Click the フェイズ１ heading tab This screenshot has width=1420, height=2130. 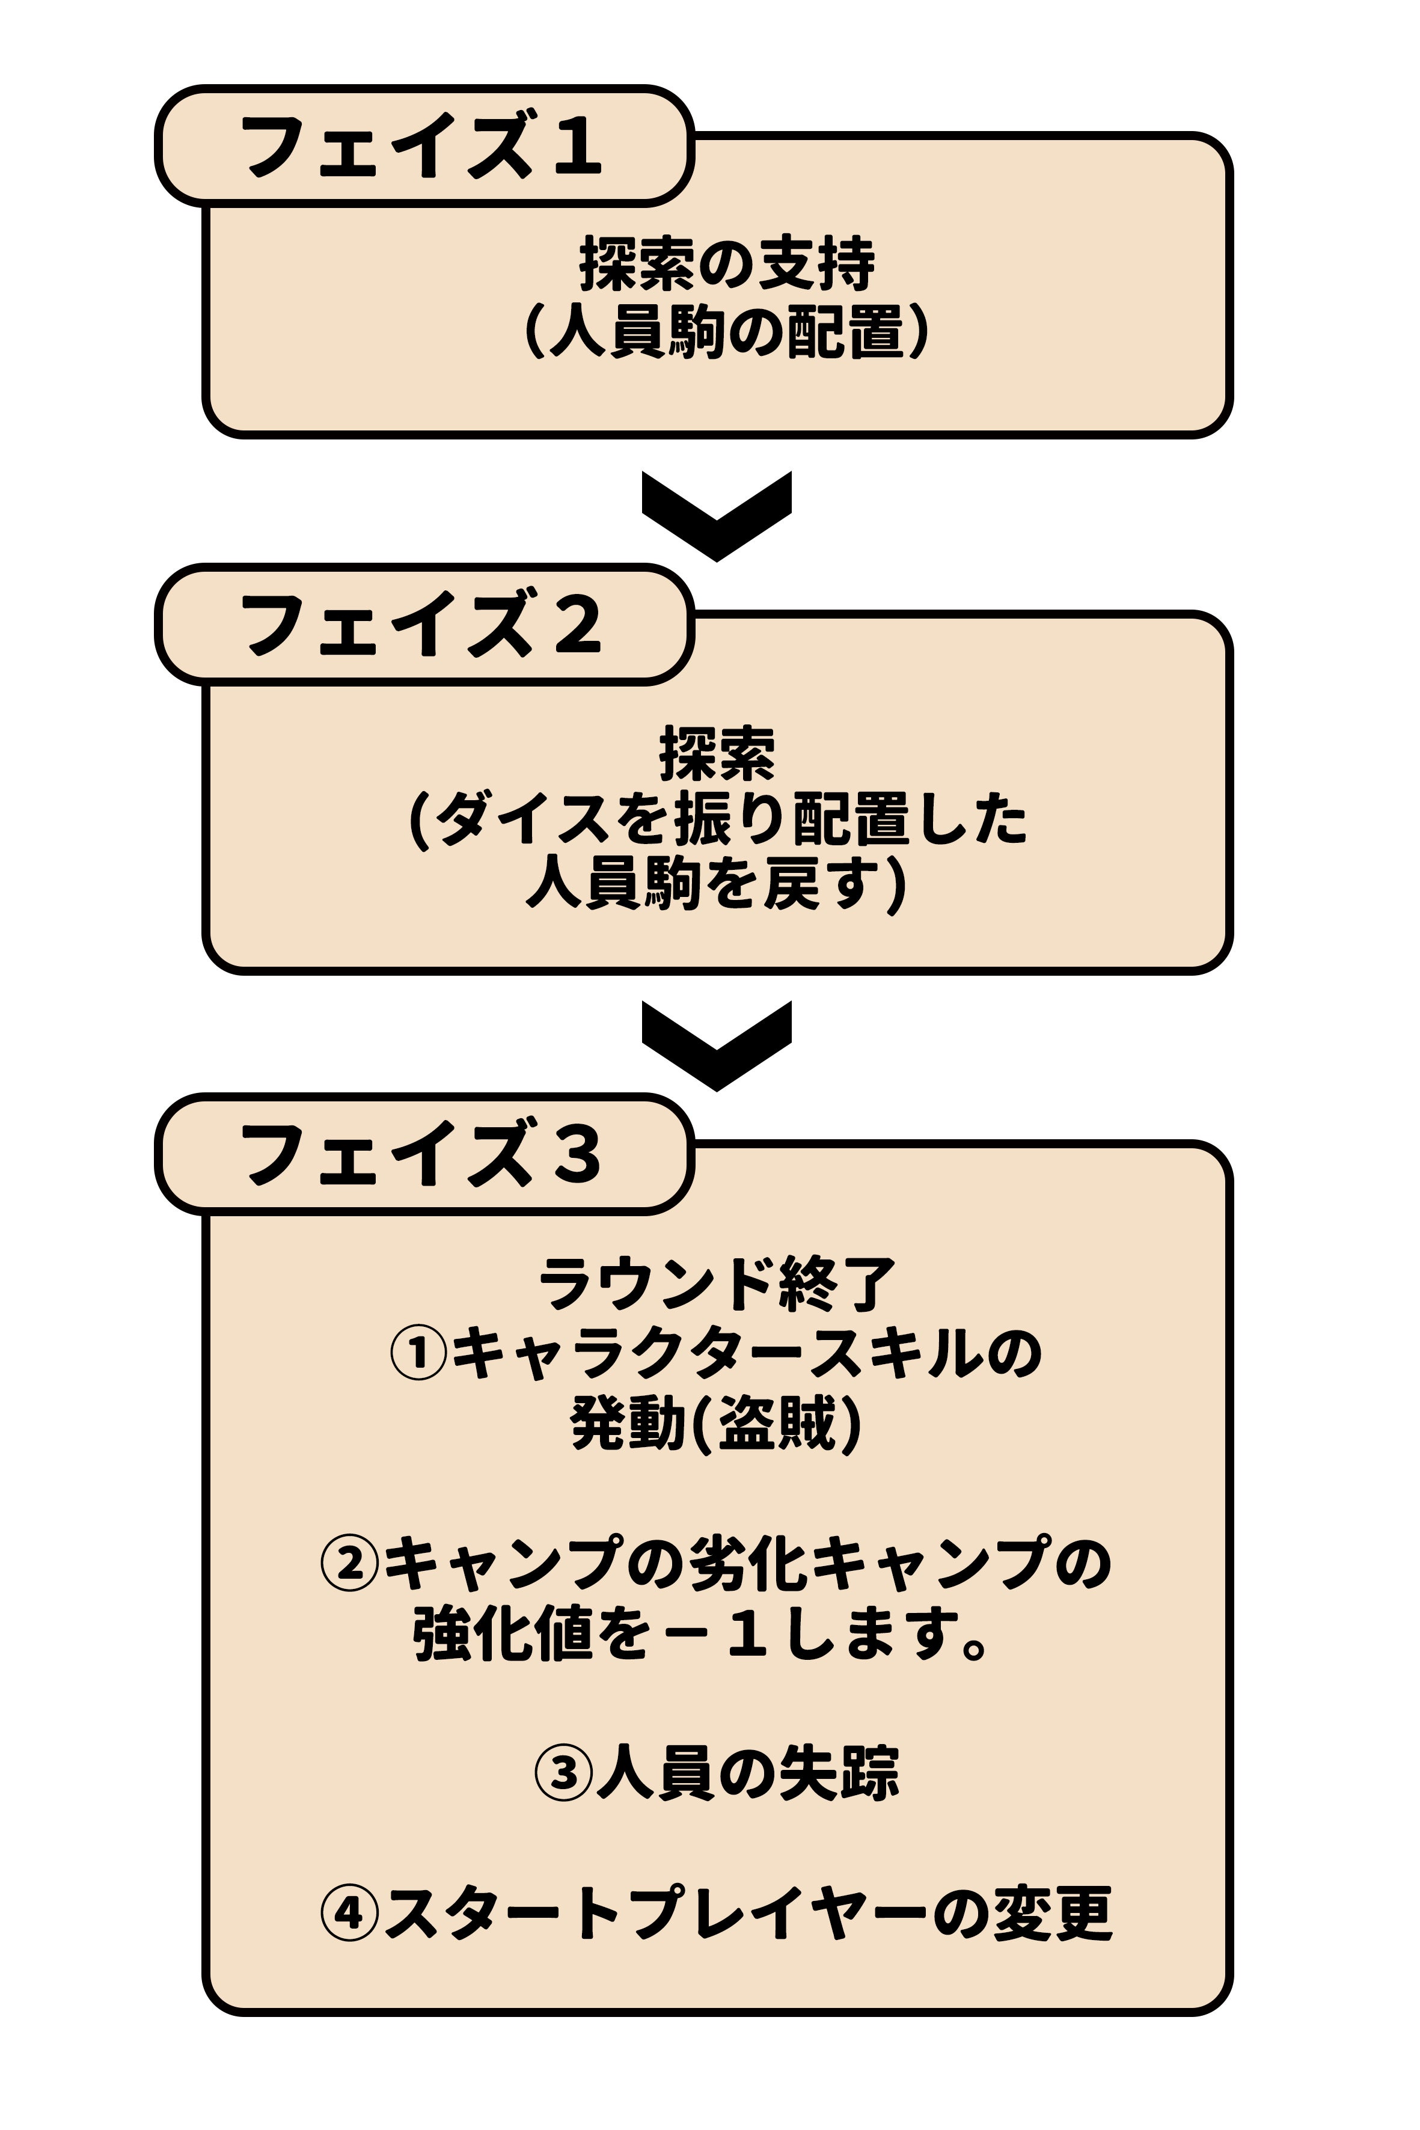click(423, 145)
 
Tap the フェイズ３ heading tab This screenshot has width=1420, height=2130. click(423, 1153)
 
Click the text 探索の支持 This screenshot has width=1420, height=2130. click(727, 265)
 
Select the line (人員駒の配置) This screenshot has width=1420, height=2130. click(727, 332)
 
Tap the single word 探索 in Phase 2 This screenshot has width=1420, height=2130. click(717, 753)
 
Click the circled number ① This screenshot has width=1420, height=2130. click(418, 1354)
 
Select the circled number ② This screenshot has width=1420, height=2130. click(349, 1564)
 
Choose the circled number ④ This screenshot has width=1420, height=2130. click(349, 1914)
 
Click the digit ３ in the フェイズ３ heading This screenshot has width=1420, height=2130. click(577, 1155)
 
